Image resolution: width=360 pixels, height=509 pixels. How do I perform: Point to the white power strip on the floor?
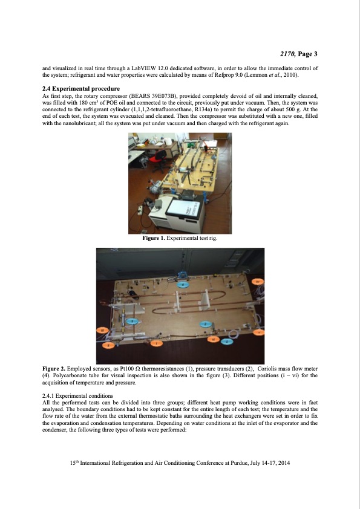click(140, 210)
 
